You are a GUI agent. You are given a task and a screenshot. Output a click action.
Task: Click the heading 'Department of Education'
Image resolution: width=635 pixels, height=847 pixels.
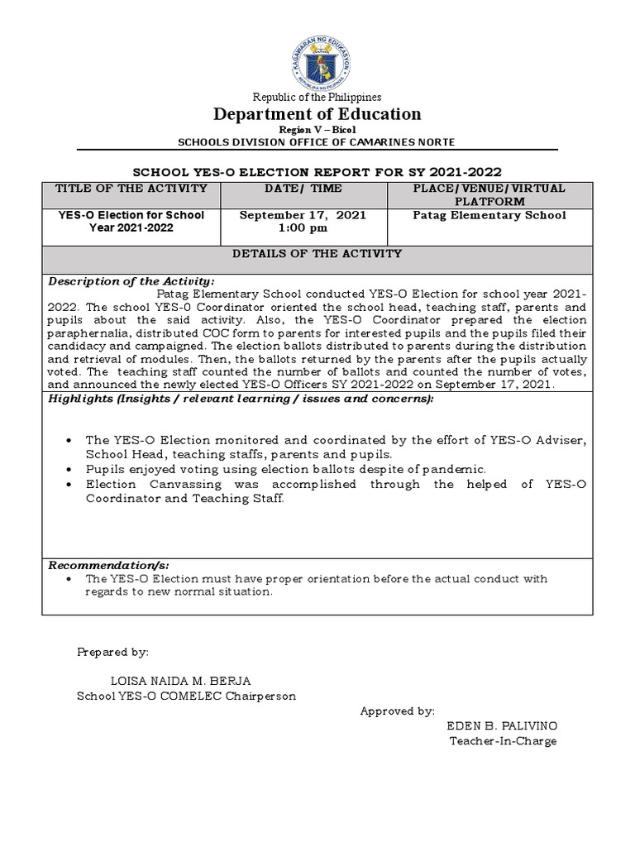pos(317,114)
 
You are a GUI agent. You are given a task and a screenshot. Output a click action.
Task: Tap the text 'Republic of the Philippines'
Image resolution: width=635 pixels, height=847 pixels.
pos(317,97)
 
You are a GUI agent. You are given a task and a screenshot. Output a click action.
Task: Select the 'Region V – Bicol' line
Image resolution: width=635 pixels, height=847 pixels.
pos(317,131)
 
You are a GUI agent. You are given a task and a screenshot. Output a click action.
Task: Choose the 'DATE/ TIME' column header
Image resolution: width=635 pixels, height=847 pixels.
pos(303,189)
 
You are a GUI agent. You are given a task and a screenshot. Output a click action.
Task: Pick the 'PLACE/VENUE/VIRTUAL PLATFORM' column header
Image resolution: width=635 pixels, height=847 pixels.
pos(489,195)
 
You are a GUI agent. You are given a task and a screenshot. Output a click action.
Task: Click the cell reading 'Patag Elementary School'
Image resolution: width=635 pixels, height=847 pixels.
pos(489,215)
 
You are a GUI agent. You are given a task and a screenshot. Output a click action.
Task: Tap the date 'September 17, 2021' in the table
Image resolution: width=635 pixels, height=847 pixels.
pos(303,215)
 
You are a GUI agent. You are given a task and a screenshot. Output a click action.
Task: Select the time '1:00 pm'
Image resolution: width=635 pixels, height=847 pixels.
pos(303,227)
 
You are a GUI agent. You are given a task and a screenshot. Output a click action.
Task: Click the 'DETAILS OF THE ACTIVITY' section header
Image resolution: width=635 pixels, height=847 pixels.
pos(317,254)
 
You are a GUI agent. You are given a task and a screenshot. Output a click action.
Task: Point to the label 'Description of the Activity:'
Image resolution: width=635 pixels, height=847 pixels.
pos(131,281)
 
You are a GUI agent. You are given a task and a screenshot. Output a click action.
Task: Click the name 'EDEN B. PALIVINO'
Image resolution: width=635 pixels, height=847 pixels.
pos(502,725)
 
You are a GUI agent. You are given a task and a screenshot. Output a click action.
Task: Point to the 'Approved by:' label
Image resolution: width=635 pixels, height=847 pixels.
pos(397,711)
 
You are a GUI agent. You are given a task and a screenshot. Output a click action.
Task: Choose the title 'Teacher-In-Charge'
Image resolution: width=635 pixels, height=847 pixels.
pos(503,740)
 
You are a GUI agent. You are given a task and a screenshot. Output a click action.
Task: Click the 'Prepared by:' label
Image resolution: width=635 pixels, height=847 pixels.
pos(112,652)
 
